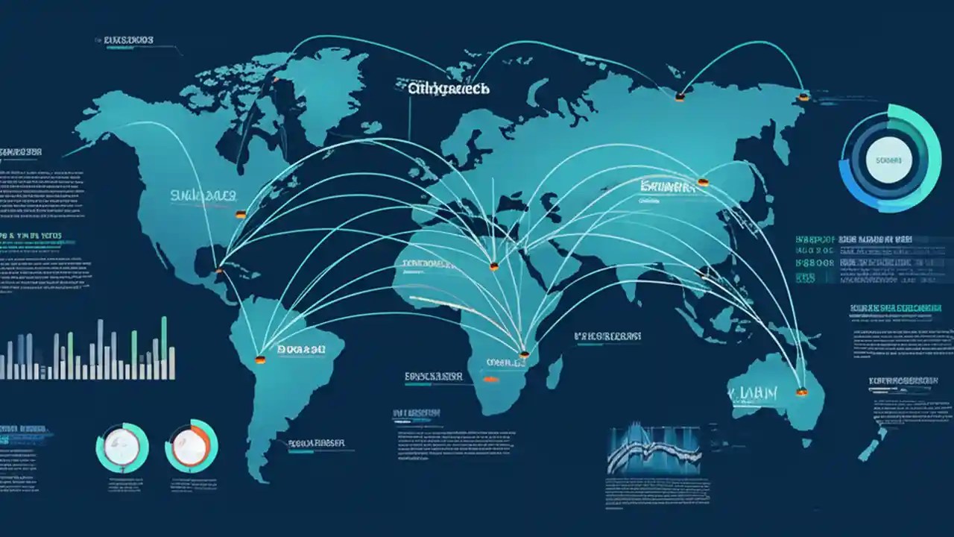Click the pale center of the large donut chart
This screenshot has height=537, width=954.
(888, 160)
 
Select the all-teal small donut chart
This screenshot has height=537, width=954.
(122, 447)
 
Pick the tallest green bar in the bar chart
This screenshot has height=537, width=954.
(164, 347)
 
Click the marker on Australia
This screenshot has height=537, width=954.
(801, 391)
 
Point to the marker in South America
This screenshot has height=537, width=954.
(259, 359)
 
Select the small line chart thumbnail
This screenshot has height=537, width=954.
(654, 450)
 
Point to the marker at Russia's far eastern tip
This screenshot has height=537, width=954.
(803, 96)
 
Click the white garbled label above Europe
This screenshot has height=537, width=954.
(449, 88)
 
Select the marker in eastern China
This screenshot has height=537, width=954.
(703, 181)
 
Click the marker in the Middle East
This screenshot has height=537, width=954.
(493, 265)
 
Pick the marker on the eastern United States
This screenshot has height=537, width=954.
(240, 214)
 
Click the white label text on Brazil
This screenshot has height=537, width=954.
(300, 348)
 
